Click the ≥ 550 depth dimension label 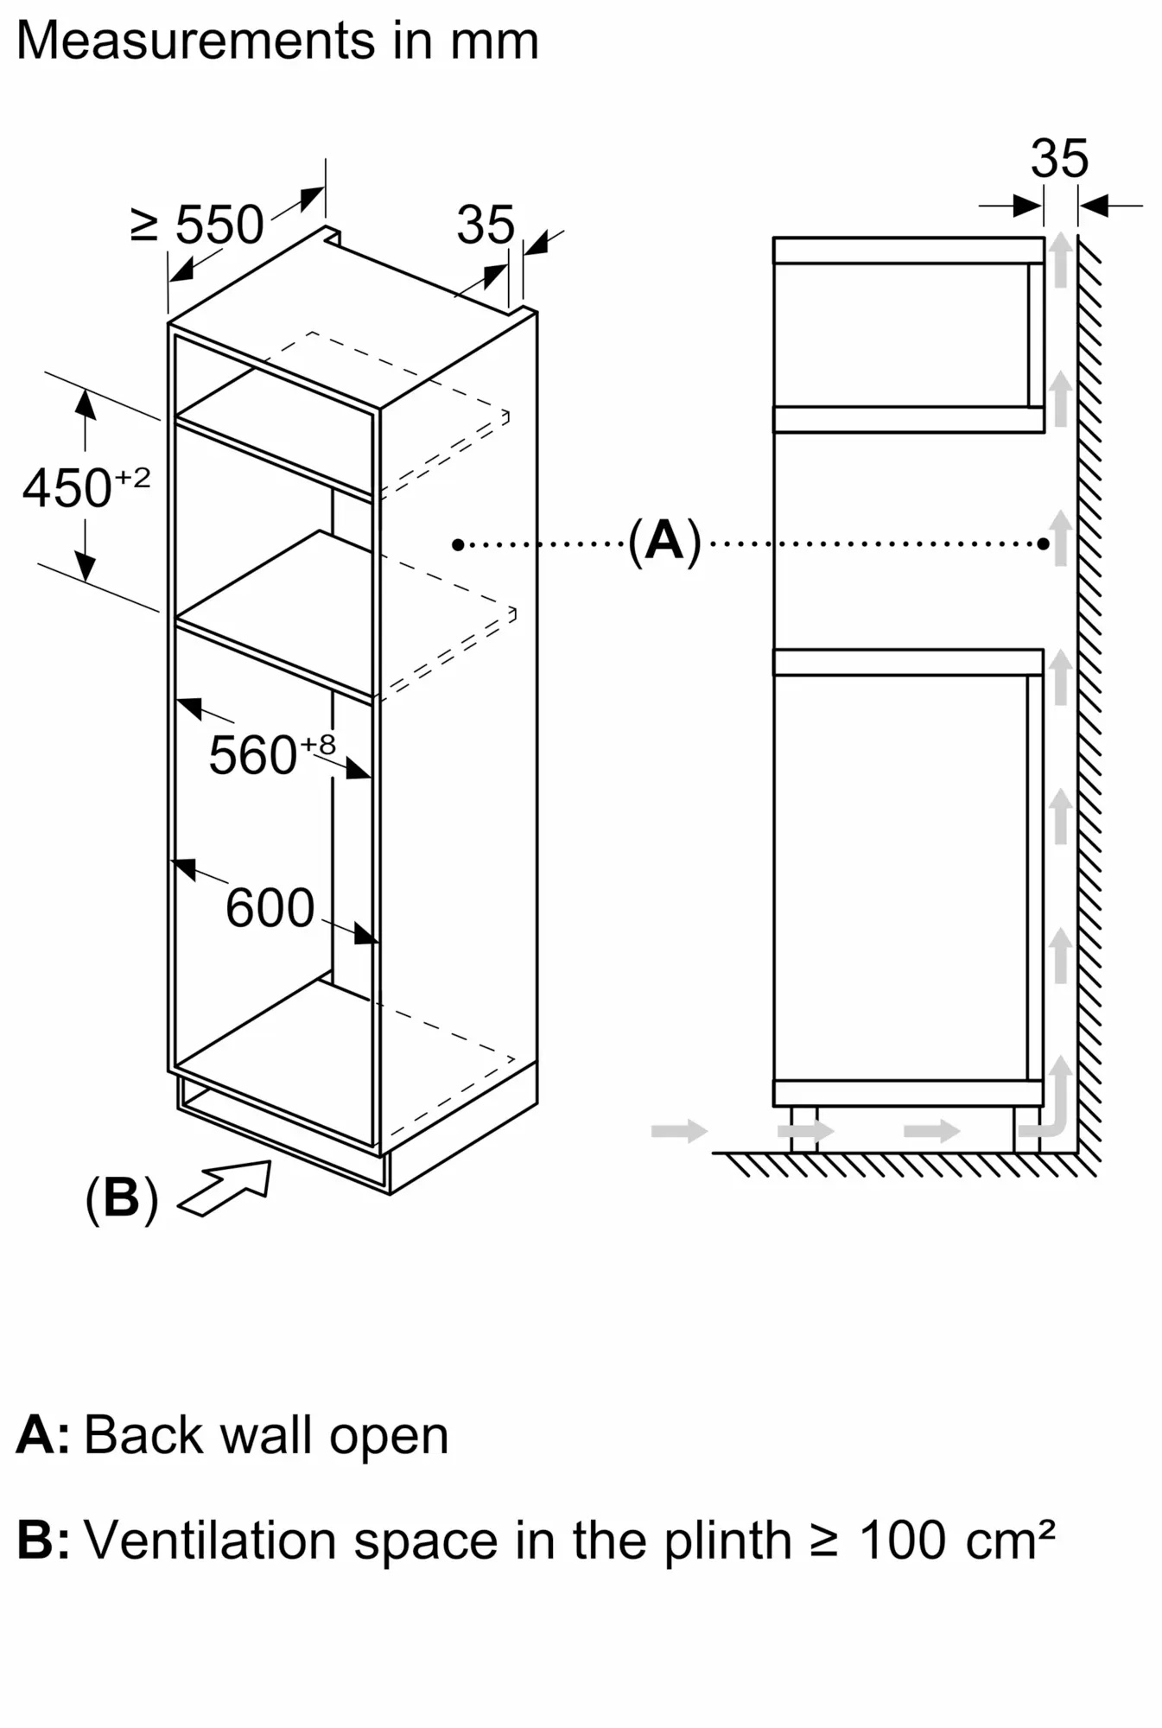198,225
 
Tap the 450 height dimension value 67,488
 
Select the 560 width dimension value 252,755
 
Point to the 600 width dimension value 270,908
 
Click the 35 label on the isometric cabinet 485,226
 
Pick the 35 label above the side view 1059,159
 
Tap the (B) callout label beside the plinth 122,1198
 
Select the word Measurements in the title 196,41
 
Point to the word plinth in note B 727,1541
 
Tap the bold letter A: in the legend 42,1435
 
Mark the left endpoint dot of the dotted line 458,544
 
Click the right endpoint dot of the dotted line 1044,544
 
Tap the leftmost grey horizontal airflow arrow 679,1130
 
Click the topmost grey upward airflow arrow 1060,259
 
